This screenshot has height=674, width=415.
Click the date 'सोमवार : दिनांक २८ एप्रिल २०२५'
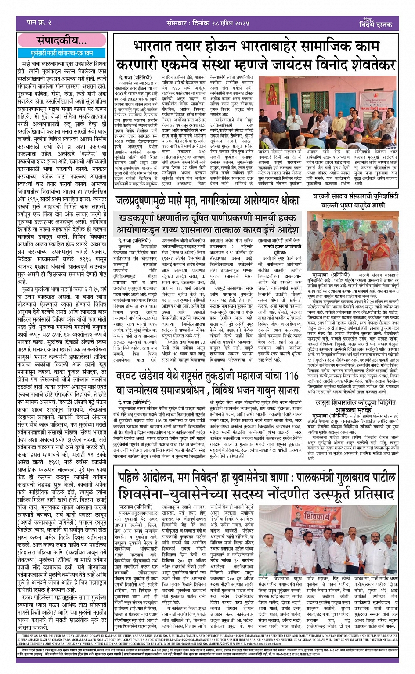tap(207, 22)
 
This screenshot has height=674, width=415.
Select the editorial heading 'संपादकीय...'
tap(61, 41)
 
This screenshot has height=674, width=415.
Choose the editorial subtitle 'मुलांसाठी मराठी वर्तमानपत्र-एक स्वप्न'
tap(61, 53)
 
